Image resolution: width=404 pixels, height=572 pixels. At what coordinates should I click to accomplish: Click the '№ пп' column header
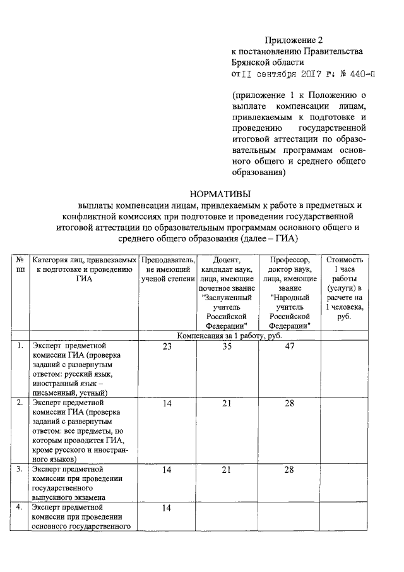20,264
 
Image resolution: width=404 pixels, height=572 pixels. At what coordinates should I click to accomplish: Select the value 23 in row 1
167,346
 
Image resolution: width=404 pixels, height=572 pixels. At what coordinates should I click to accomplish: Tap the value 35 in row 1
227,346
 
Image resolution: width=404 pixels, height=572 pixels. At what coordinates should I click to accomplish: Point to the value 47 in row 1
289,346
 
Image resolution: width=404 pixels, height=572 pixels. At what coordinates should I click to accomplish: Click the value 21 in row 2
227,403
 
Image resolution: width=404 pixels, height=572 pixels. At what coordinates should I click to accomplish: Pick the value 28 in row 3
289,470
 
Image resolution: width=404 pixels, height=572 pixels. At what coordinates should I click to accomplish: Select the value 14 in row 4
167,508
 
